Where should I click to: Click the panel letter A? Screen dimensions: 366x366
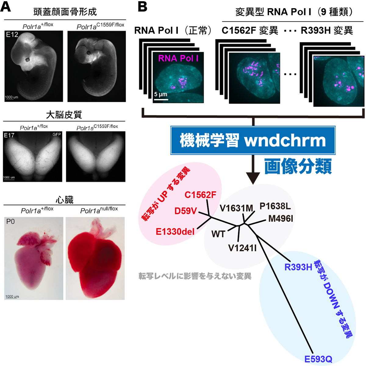pos(6,6)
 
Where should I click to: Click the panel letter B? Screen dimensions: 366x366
pos(143,6)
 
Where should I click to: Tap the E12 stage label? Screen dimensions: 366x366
pos(12,35)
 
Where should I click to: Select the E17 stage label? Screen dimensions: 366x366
pos(9,135)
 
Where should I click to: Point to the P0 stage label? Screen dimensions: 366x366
pos(10,222)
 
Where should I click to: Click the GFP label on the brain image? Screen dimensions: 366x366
pos(57,134)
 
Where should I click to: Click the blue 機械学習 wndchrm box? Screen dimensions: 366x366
pos(253,140)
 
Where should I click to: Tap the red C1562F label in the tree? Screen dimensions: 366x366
pos(200,195)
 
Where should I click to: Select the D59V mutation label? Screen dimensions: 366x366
pos(185,211)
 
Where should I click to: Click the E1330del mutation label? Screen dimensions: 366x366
pos(175,232)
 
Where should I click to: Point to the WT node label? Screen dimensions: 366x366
pos(218,234)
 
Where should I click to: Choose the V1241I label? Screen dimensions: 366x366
pos(242,248)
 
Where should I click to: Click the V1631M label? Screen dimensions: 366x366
pos(236,208)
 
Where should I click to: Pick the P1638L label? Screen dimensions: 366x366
pos(275,206)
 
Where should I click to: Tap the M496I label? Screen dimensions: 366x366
pos(281,219)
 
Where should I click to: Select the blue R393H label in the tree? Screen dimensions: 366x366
pos(298,267)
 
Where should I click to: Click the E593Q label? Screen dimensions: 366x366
pos(318,359)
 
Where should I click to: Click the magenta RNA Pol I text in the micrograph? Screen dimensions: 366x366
pos(178,58)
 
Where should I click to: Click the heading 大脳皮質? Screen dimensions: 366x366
pos(64,115)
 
